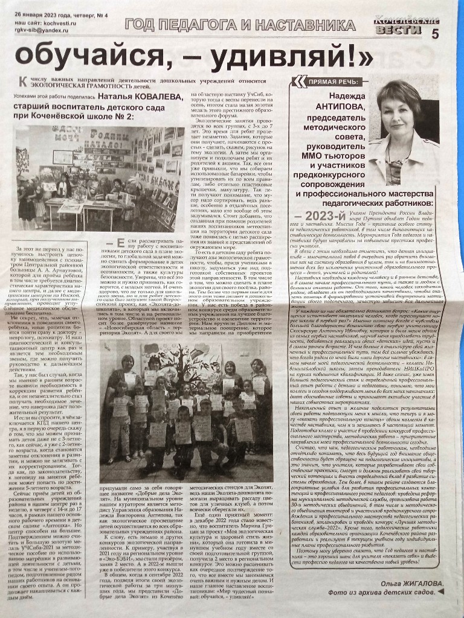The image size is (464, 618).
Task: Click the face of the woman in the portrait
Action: (x=398, y=113)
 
